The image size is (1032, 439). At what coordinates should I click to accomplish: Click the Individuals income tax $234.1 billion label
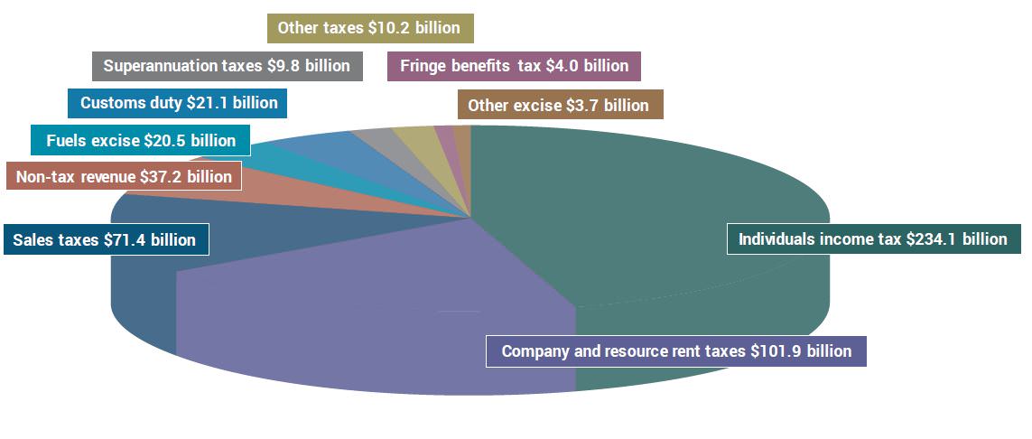(x=872, y=239)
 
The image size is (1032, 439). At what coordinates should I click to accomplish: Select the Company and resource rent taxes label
(x=675, y=351)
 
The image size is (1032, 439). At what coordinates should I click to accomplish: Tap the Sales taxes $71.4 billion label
(x=105, y=240)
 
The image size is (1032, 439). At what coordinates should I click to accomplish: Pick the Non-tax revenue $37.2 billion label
(x=124, y=177)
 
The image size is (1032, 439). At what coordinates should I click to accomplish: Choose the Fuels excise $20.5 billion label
(x=140, y=141)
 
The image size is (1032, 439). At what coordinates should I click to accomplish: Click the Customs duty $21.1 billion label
(x=178, y=103)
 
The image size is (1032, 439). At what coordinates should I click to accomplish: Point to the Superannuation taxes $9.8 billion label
(x=227, y=66)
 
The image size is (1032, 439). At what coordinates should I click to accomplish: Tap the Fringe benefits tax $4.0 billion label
(x=514, y=66)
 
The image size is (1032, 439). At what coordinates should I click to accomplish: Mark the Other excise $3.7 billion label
(x=560, y=105)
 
